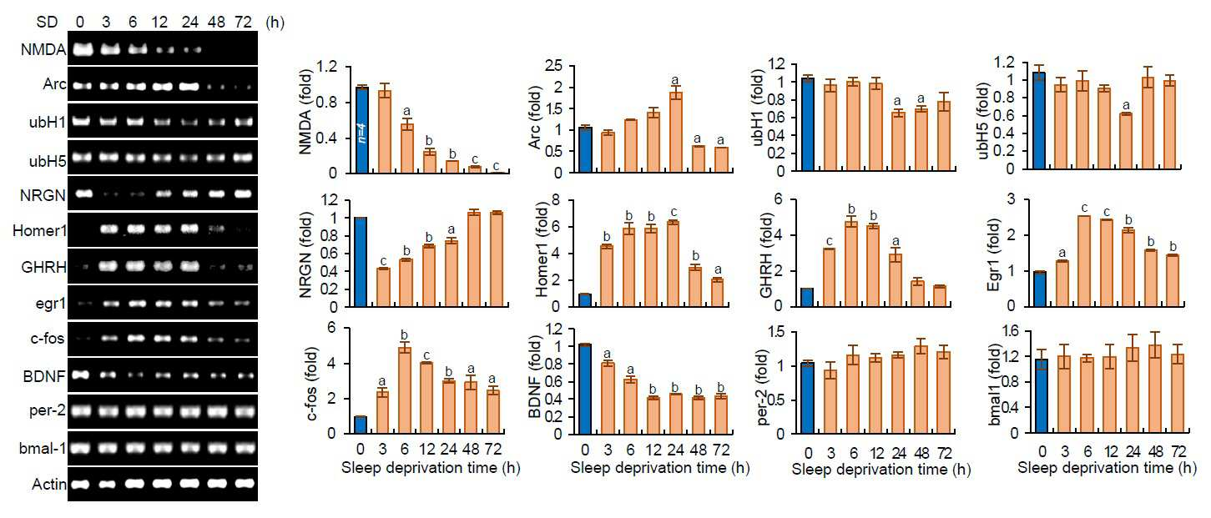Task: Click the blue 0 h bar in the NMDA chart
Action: click(x=361, y=129)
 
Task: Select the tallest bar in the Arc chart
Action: click(x=675, y=132)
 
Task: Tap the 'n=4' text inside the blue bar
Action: click(x=361, y=133)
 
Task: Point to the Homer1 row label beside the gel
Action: click(x=39, y=231)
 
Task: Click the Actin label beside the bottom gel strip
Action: click(x=49, y=484)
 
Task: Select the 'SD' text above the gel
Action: click(x=47, y=22)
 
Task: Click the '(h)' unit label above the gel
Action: click(x=275, y=22)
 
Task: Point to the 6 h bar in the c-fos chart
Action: click(x=405, y=390)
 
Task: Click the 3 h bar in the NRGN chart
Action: click(x=383, y=287)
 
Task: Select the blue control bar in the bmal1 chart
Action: click(x=1042, y=395)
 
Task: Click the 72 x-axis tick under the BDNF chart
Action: click(x=720, y=450)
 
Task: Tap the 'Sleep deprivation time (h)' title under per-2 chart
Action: click(x=881, y=469)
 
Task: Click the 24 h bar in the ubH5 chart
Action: click(x=1126, y=141)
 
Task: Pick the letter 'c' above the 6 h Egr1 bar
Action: click(x=1084, y=209)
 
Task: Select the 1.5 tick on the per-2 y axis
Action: click(x=776, y=331)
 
